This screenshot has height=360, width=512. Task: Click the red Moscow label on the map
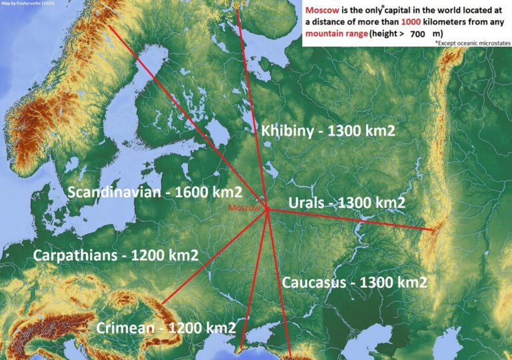point(243,208)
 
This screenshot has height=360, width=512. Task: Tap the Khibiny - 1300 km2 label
point(327,131)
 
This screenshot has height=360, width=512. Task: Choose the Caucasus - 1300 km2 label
point(355,282)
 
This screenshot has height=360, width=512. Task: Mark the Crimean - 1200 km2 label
point(166,328)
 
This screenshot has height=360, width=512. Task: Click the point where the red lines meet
point(267,209)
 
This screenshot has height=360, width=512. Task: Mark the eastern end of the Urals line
point(434,230)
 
